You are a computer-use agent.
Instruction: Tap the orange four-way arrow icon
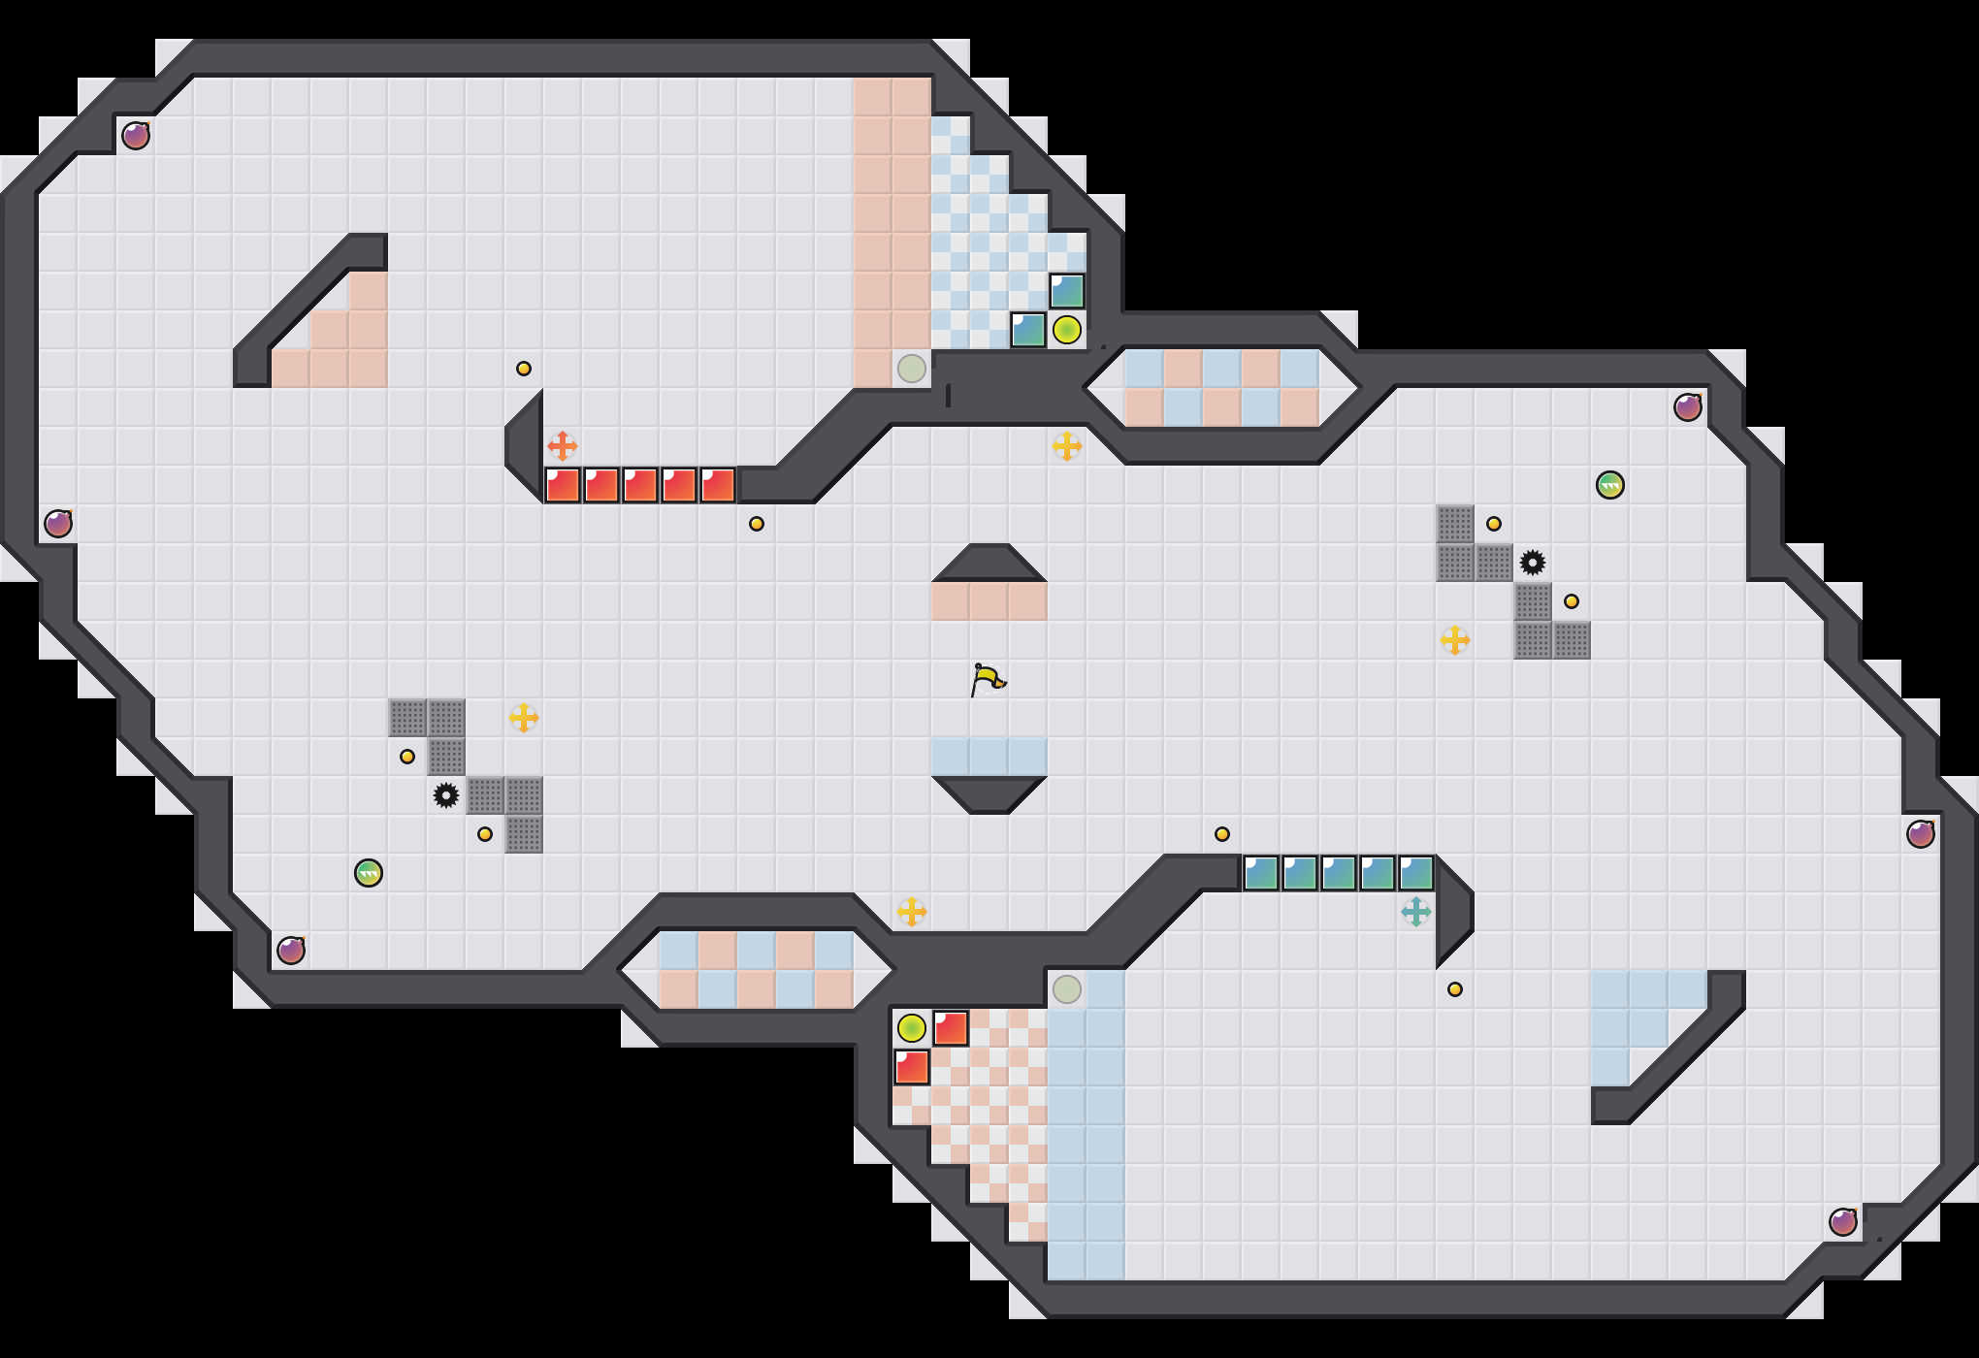[x=563, y=446]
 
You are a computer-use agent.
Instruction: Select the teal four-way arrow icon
[x=1416, y=912]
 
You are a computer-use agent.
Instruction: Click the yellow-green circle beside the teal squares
[x=1067, y=330]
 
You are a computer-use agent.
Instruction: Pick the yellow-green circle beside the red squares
[x=912, y=1028]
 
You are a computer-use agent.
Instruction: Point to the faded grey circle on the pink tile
[x=912, y=369]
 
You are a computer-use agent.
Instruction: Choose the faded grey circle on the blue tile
[x=1067, y=989]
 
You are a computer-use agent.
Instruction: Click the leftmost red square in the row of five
[x=563, y=485]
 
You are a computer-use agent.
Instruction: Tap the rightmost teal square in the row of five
[x=1416, y=873]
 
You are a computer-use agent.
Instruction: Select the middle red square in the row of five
[x=640, y=485]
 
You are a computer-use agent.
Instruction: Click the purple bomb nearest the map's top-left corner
[x=136, y=136]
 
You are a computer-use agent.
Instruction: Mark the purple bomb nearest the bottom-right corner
[x=1843, y=1222]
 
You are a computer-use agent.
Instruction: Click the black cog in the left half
[x=446, y=795]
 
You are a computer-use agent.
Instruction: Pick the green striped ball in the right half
[x=1610, y=485]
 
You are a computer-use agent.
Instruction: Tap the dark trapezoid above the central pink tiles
[x=989, y=563]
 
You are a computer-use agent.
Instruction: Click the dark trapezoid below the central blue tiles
[x=989, y=793]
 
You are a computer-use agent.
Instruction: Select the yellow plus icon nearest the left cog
[x=524, y=718]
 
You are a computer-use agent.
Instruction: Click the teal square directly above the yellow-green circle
[x=1067, y=291]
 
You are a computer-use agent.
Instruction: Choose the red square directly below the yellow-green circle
[x=912, y=1067]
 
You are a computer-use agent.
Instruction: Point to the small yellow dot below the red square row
[x=757, y=524]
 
